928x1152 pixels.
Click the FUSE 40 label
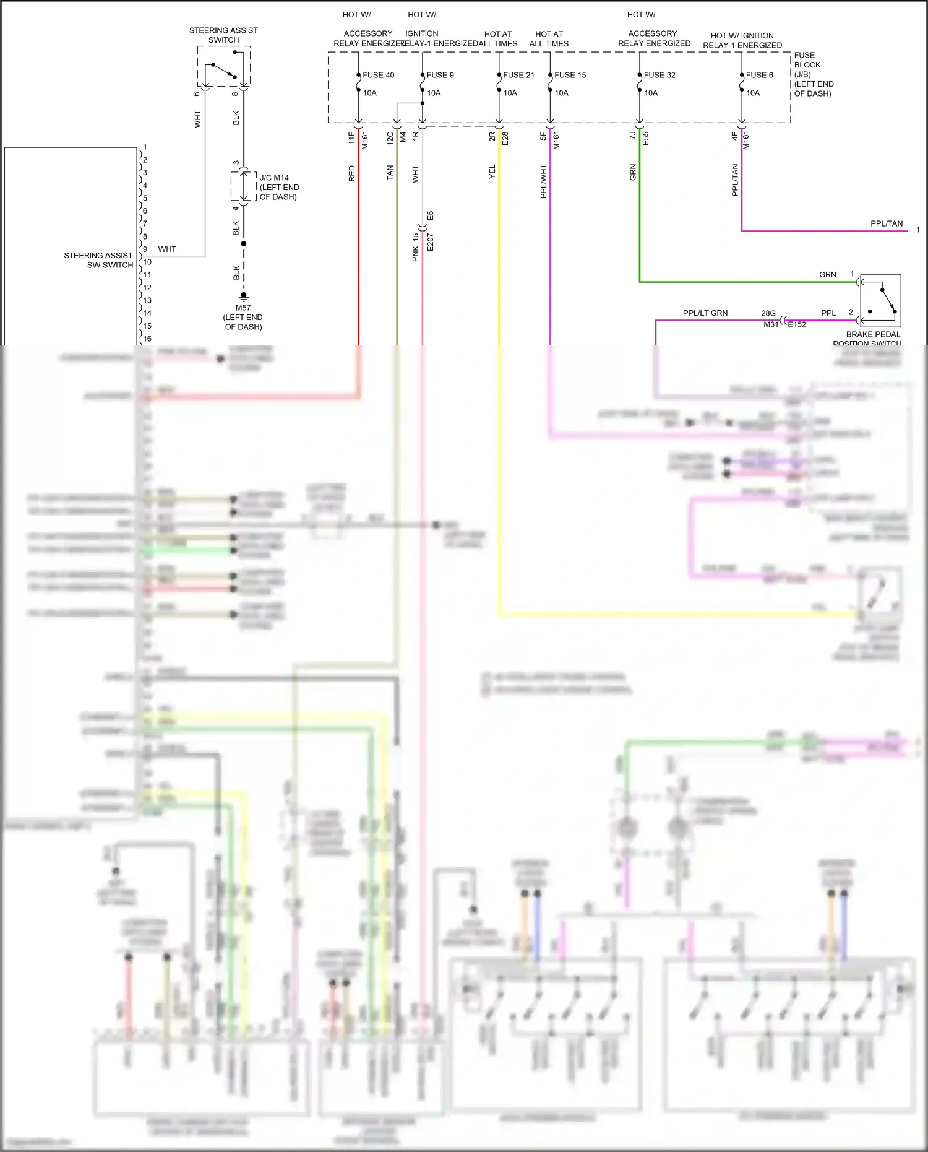click(x=378, y=75)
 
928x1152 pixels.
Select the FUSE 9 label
click(x=440, y=75)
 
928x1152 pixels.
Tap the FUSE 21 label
click(x=518, y=75)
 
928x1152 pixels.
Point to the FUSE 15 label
click(x=570, y=75)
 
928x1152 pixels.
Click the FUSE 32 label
click(x=659, y=75)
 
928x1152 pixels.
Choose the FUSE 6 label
click(x=759, y=75)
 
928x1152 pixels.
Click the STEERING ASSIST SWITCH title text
click(x=223, y=35)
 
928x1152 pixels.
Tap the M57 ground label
click(x=243, y=308)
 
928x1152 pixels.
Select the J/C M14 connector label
click(x=274, y=178)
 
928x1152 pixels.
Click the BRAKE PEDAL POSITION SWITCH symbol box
click(x=880, y=300)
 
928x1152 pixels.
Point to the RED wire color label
click(x=352, y=173)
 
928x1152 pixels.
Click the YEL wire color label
click(x=492, y=172)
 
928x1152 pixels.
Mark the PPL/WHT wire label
click(x=544, y=181)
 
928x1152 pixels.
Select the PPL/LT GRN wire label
click(x=705, y=313)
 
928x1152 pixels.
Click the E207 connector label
click(x=431, y=242)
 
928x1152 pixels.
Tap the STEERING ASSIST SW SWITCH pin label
click(x=98, y=260)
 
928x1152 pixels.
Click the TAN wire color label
click(x=390, y=172)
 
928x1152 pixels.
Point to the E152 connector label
click(x=796, y=324)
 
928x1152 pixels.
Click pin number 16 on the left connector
click(x=147, y=339)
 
